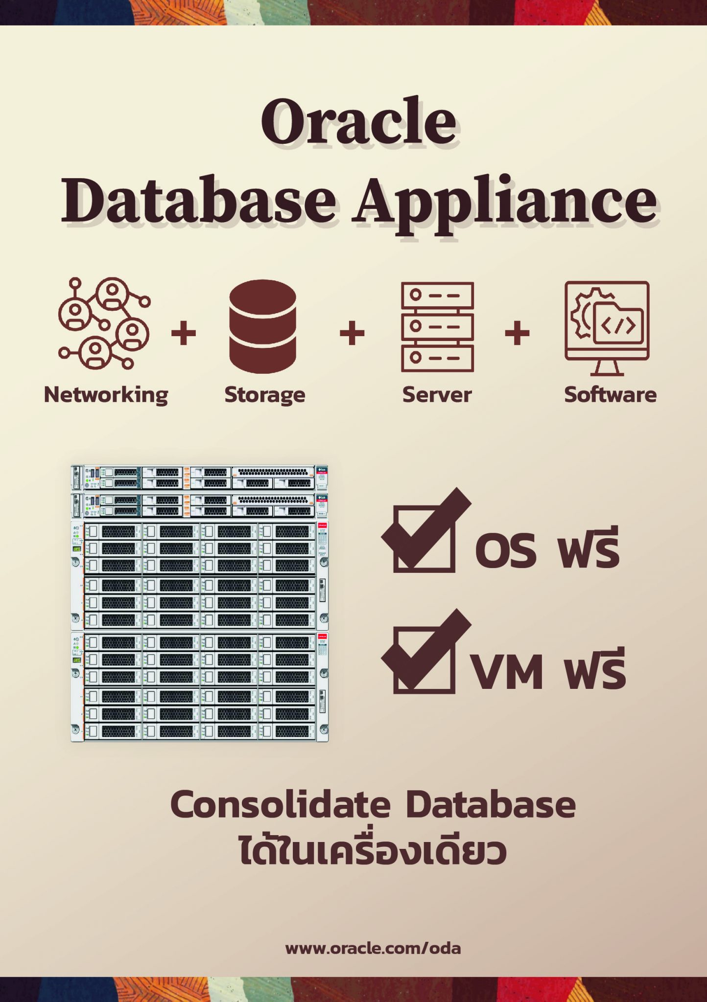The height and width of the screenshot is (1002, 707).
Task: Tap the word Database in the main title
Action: (x=199, y=201)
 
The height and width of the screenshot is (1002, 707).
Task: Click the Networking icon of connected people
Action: (x=104, y=323)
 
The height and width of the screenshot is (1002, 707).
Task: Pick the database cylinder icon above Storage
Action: (x=263, y=326)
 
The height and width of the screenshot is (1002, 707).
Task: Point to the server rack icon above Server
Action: (x=437, y=326)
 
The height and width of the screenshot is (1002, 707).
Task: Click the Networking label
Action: (x=106, y=395)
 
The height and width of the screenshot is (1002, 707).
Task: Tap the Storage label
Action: (x=265, y=395)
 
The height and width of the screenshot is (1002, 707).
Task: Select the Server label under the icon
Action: (x=437, y=395)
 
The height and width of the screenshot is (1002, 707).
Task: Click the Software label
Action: (x=610, y=395)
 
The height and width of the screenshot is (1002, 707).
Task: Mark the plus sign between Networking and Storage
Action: (x=184, y=334)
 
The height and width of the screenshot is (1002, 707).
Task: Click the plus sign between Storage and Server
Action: (x=352, y=334)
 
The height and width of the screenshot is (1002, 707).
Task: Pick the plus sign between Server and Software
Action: (x=517, y=334)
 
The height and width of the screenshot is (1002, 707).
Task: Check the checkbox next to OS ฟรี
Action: (x=424, y=538)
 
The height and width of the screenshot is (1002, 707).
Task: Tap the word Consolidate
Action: (x=281, y=805)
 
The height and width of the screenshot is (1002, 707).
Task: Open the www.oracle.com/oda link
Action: (x=373, y=948)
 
